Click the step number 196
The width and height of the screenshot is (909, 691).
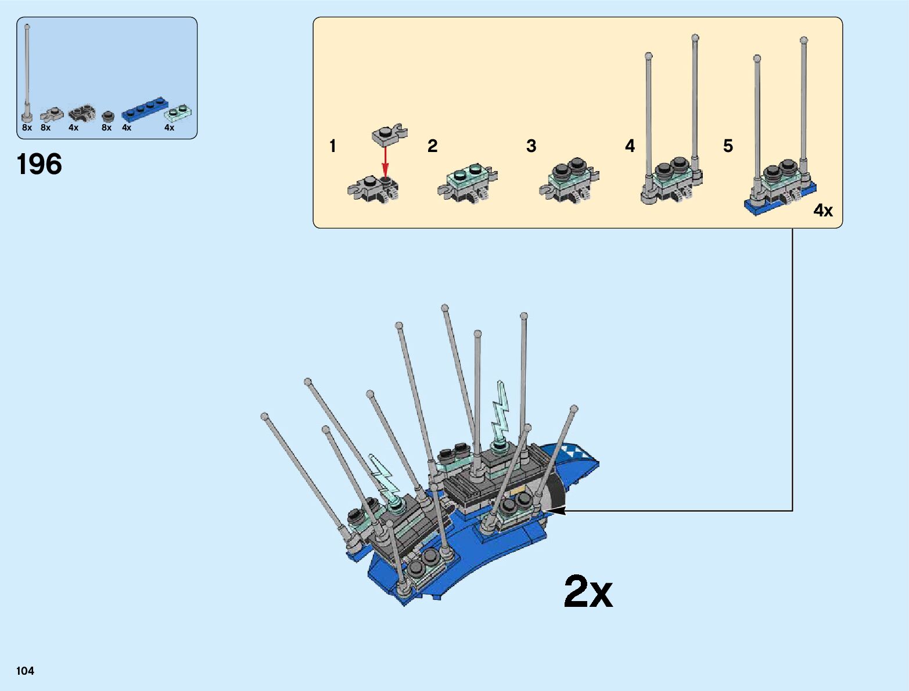[39, 164]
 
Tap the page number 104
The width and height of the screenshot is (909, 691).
[26, 671]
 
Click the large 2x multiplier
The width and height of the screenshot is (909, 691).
[588, 592]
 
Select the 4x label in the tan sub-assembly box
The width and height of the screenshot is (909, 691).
[823, 210]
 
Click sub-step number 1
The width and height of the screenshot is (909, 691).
[333, 146]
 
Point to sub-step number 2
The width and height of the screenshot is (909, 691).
[432, 146]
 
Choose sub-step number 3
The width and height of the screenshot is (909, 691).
[531, 146]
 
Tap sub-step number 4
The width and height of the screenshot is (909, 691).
[630, 146]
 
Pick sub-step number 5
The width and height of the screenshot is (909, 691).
[728, 146]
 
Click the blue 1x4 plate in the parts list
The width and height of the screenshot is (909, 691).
[143, 111]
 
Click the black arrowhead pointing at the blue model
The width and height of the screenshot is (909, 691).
[555, 511]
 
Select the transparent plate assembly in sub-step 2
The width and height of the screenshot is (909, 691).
[468, 183]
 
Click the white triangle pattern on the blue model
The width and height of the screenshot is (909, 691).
[573, 450]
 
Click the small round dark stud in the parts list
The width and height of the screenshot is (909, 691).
[107, 116]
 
